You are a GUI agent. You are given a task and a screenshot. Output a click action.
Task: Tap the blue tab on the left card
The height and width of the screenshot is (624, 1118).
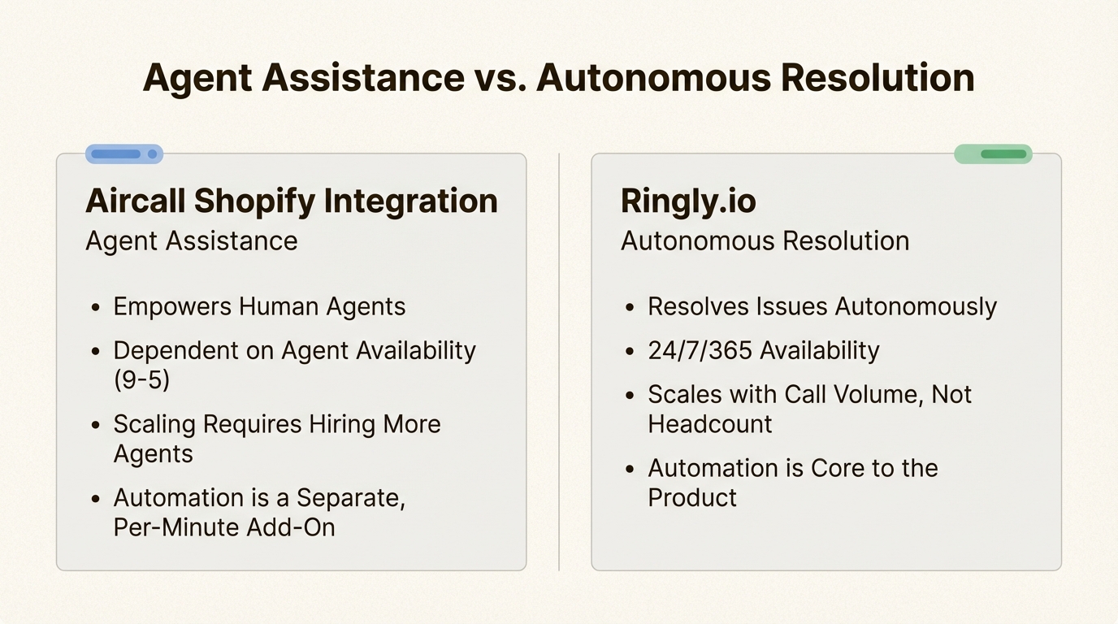click(x=124, y=154)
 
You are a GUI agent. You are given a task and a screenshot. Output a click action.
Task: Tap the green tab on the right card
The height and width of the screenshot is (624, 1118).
click(x=993, y=154)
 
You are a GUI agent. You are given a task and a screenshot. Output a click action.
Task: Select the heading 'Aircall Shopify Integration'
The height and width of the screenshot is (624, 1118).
click(x=291, y=201)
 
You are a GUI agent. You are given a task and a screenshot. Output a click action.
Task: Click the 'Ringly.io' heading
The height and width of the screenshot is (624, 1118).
click(x=688, y=201)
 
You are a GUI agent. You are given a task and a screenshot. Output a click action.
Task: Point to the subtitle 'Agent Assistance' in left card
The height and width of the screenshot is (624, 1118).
click(x=191, y=241)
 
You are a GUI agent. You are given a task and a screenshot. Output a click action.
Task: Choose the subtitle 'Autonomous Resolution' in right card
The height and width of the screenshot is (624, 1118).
click(x=765, y=241)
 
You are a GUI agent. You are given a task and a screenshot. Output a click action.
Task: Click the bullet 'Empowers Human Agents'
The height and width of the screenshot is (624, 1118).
click(x=258, y=306)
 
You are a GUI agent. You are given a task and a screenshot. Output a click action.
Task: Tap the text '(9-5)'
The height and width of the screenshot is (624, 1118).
click(x=142, y=379)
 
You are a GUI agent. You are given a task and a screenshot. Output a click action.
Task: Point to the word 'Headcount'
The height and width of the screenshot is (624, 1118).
click(x=709, y=424)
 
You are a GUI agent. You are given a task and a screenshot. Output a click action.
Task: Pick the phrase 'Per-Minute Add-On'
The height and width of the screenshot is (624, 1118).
click(x=223, y=526)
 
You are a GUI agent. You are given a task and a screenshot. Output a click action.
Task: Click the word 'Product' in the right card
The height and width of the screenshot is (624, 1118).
click(x=691, y=497)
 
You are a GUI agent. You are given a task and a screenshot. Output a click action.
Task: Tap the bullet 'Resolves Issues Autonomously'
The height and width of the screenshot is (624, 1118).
click(x=821, y=306)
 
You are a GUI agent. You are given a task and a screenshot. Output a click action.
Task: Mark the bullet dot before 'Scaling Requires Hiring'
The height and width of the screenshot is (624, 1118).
click(x=96, y=425)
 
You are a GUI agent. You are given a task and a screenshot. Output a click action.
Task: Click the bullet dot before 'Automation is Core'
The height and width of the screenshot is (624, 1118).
click(x=630, y=469)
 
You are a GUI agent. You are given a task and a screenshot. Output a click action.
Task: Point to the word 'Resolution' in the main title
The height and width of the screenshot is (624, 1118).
click(x=877, y=78)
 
